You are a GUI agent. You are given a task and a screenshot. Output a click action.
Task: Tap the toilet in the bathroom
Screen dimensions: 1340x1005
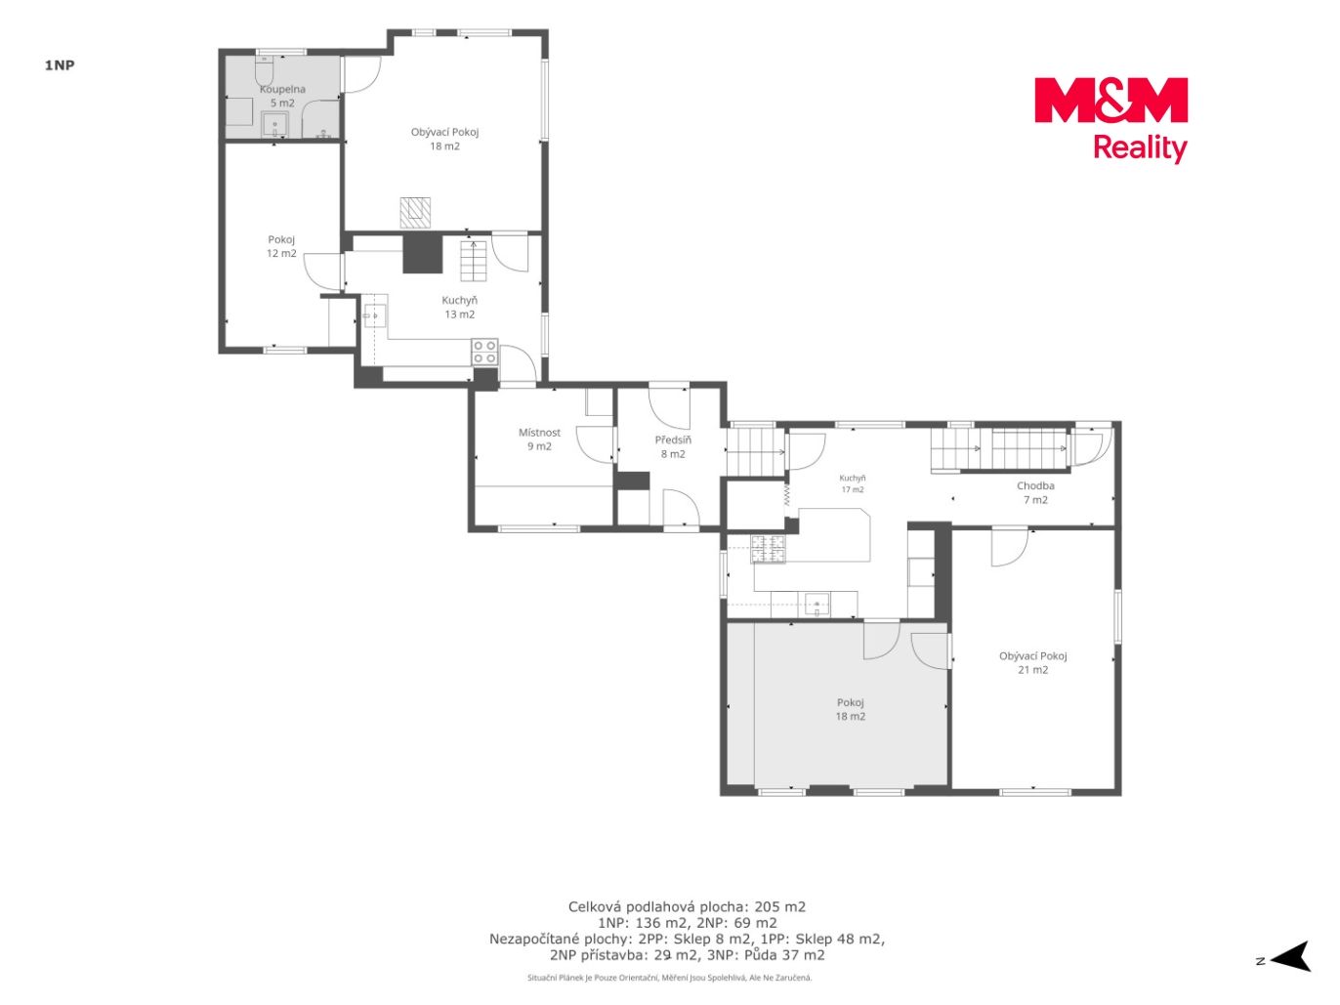265,70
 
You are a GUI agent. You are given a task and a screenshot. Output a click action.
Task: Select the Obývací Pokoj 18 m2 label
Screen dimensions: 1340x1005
444,139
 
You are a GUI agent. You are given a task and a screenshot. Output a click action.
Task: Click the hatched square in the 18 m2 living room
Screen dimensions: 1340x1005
415,212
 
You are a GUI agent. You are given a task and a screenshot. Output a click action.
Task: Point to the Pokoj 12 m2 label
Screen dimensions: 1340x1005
281,246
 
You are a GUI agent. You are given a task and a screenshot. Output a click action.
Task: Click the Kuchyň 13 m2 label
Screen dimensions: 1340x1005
460,308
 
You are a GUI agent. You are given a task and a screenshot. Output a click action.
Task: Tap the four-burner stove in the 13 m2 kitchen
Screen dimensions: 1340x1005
484,352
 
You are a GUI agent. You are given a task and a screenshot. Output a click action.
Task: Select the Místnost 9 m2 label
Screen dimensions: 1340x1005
539,440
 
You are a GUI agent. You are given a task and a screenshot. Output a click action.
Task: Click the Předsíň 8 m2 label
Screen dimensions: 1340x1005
673,446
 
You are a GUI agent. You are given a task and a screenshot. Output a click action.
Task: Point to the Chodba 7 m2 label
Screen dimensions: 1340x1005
1035,493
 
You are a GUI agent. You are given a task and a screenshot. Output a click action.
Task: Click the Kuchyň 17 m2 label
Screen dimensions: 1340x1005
853,483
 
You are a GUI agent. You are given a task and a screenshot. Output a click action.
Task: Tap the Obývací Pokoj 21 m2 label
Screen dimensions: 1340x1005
1033,663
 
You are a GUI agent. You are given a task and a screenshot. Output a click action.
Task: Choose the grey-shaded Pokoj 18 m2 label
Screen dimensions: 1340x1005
851,709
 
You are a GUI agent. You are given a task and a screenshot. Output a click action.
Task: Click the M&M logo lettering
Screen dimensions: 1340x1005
1110,100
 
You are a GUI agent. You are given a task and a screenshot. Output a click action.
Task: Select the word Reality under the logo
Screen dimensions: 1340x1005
1140,148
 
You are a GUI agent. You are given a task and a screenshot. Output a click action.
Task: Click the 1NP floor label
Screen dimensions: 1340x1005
60,65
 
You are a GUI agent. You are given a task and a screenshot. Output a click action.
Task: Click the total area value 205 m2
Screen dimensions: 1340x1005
780,906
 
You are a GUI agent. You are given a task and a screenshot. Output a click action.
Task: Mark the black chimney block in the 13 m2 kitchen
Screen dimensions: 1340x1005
422,253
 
